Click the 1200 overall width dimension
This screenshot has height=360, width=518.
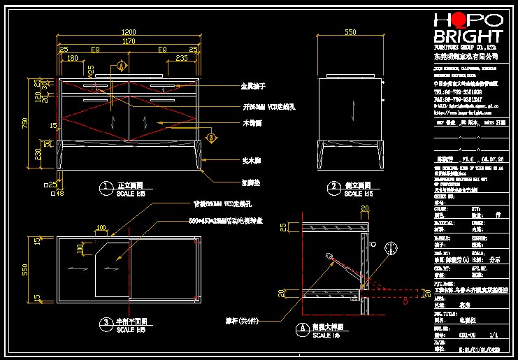[x=129, y=33]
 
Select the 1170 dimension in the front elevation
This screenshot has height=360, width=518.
[x=129, y=42]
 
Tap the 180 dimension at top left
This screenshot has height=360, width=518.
[x=71, y=59]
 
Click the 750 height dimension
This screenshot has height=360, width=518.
[x=25, y=123]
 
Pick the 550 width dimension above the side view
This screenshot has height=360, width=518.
[x=350, y=33]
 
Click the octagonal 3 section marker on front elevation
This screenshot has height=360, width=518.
[x=212, y=138]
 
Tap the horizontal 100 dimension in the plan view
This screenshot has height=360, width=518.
[x=102, y=228]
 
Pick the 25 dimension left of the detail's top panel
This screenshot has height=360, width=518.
[x=282, y=228]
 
